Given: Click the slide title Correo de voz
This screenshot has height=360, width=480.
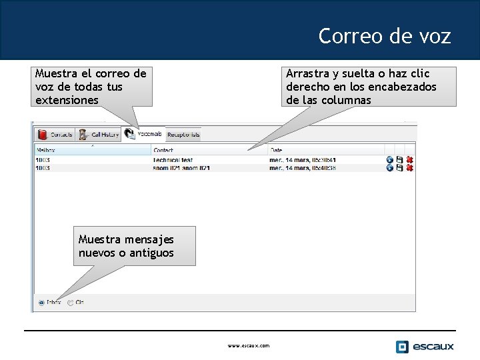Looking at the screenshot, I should (x=384, y=35).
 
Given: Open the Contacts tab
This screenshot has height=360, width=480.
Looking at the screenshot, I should (x=55, y=135).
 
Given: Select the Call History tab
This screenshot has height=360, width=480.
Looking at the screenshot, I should (x=99, y=135).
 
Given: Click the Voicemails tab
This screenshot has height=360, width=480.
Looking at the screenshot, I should (x=144, y=134).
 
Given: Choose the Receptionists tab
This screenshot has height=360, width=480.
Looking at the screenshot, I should (x=183, y=135).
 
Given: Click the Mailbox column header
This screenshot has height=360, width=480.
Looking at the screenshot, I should (x=47, y=151).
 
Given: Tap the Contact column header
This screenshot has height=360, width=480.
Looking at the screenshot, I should (x=163, y=151).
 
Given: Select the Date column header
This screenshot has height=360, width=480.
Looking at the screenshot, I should (x=276, y=151).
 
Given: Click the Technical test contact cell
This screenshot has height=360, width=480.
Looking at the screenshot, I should (x=173, y=160).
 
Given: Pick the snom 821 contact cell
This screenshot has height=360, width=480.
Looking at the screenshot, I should (x=181, y=168).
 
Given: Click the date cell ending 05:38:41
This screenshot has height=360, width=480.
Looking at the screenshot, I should (x=302, y=160).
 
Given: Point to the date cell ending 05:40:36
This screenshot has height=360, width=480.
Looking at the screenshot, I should (x=302, y=168).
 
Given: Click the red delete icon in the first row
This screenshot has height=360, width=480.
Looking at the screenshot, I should (x=410, y=160).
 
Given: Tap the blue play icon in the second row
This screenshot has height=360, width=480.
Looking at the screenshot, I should (x=389, y=168).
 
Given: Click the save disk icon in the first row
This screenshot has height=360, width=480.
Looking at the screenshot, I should (x=399, y=160).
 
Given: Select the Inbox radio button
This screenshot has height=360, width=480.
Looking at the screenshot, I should (x=41, y=303).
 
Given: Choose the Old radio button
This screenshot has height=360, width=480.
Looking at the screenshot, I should (x=71, y=303).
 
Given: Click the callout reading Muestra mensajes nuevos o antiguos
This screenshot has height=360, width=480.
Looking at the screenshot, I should (x=134, y=246).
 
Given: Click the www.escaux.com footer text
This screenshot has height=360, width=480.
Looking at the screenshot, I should (x=249, y=345).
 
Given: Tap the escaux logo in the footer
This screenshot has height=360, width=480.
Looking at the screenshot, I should (x=425, y=346).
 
